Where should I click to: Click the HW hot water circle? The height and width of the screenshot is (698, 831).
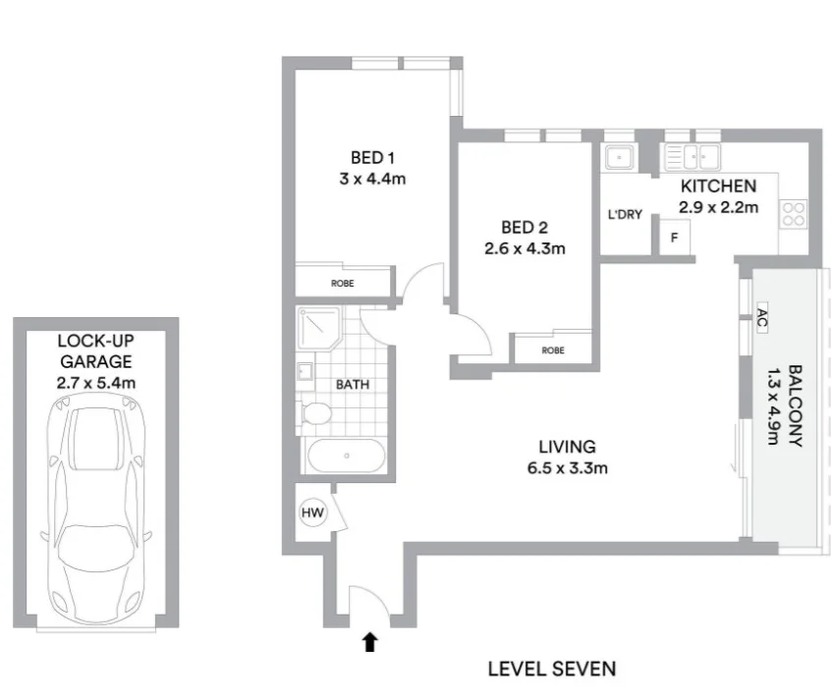tap(312, 512)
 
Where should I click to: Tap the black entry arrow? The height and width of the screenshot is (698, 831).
tap(370, 642)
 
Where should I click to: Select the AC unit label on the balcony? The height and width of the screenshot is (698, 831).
tap(762, 318)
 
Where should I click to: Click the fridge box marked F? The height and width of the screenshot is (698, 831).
tap(675, 238)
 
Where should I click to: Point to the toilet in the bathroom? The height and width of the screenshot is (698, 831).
tap(316, 413)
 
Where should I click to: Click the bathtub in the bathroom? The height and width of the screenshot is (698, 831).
tap(347, 456)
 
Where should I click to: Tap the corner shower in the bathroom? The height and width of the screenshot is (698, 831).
tap(318, 328)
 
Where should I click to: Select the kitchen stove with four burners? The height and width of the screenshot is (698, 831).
tap(794, 214)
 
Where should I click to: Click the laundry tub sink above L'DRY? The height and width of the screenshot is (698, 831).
tap(618, 157)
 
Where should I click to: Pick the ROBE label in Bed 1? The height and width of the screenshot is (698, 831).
tap(343, 284)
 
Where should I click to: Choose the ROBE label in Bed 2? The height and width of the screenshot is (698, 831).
tap(553, 350)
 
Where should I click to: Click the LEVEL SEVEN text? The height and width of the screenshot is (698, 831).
tap(552, 669)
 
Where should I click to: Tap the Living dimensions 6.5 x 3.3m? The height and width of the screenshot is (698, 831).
tap(567, 468)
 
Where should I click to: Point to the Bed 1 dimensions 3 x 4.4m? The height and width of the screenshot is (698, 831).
tap(372, 179)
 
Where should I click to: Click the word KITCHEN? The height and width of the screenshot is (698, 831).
tap(718, 186)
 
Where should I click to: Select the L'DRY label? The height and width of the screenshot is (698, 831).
tap(625, 214)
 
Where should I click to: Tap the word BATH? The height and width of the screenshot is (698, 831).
tap(353, 385)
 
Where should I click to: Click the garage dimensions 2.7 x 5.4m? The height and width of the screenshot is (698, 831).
tap(96, 382)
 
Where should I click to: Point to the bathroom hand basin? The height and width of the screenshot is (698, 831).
tap(305, 371)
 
